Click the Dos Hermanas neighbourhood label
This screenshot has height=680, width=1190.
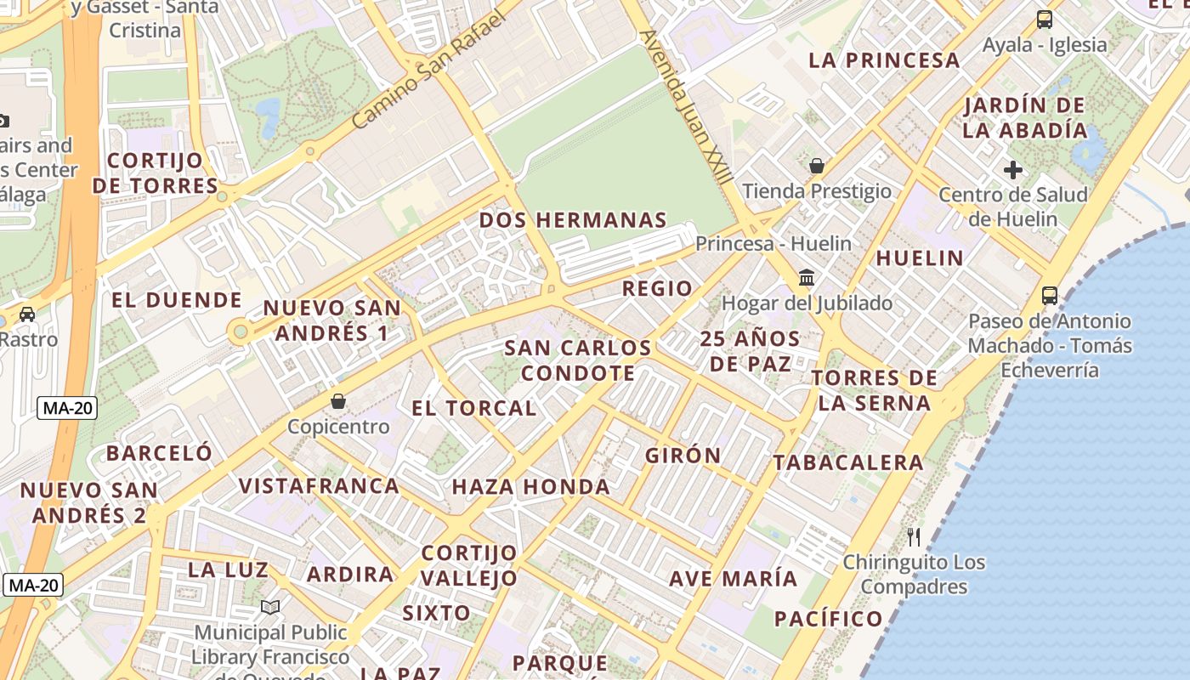pyautogui.click(x=573, y=220)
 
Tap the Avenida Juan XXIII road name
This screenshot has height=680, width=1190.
pyautogui.click(x=687, y=107)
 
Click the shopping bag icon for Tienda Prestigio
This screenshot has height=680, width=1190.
pyautogui.click(x=817, y=165)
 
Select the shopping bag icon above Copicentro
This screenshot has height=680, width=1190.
pyautogui.click(x=338, y=400)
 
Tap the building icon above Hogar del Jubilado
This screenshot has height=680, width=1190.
pyautogui.click(x=807, y=277)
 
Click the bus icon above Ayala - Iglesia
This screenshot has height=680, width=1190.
pyautogui.click(x=1045, y=19)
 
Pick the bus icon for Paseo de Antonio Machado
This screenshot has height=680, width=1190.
pyautogui.click(x=1050, y=296)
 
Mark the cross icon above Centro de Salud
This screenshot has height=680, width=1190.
pyautogui.click(x=1012, y=170)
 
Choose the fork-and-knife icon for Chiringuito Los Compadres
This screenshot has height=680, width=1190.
pyautogui.click(x=914, y=536)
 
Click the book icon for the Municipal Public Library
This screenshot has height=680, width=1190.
pyautogui.click(x=270, y=607)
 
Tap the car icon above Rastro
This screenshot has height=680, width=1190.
pyautogui.click(x=27, y=314)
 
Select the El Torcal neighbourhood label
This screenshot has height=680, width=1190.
pyautogui.click(x=473, y=408)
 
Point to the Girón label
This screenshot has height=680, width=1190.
pyautogui.click(x=683, y=456)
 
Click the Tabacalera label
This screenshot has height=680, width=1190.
pyautogui.click(x=847, y=463)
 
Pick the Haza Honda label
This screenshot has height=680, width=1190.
pyautogui.click(x=530, y=487)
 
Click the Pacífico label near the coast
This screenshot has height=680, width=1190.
pyautogui.click(x=829, y=619)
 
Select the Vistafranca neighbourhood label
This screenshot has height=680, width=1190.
pyautogui.click(x=319, y=486)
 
